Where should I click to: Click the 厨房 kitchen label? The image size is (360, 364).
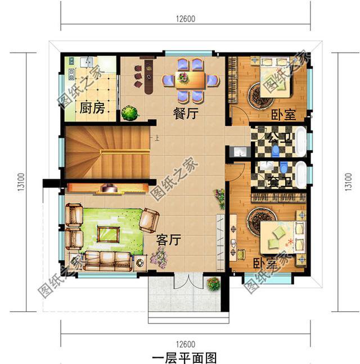pos(92,108)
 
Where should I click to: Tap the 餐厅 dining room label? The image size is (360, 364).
pos(186,113)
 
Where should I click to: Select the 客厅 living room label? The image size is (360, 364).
pos(168,240)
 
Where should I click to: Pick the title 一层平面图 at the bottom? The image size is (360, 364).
pos(184,357)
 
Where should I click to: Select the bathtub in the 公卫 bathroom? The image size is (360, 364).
pos(301,140)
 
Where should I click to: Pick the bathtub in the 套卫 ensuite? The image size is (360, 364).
pos(301,174)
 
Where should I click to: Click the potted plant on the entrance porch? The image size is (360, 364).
pos(213,284)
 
